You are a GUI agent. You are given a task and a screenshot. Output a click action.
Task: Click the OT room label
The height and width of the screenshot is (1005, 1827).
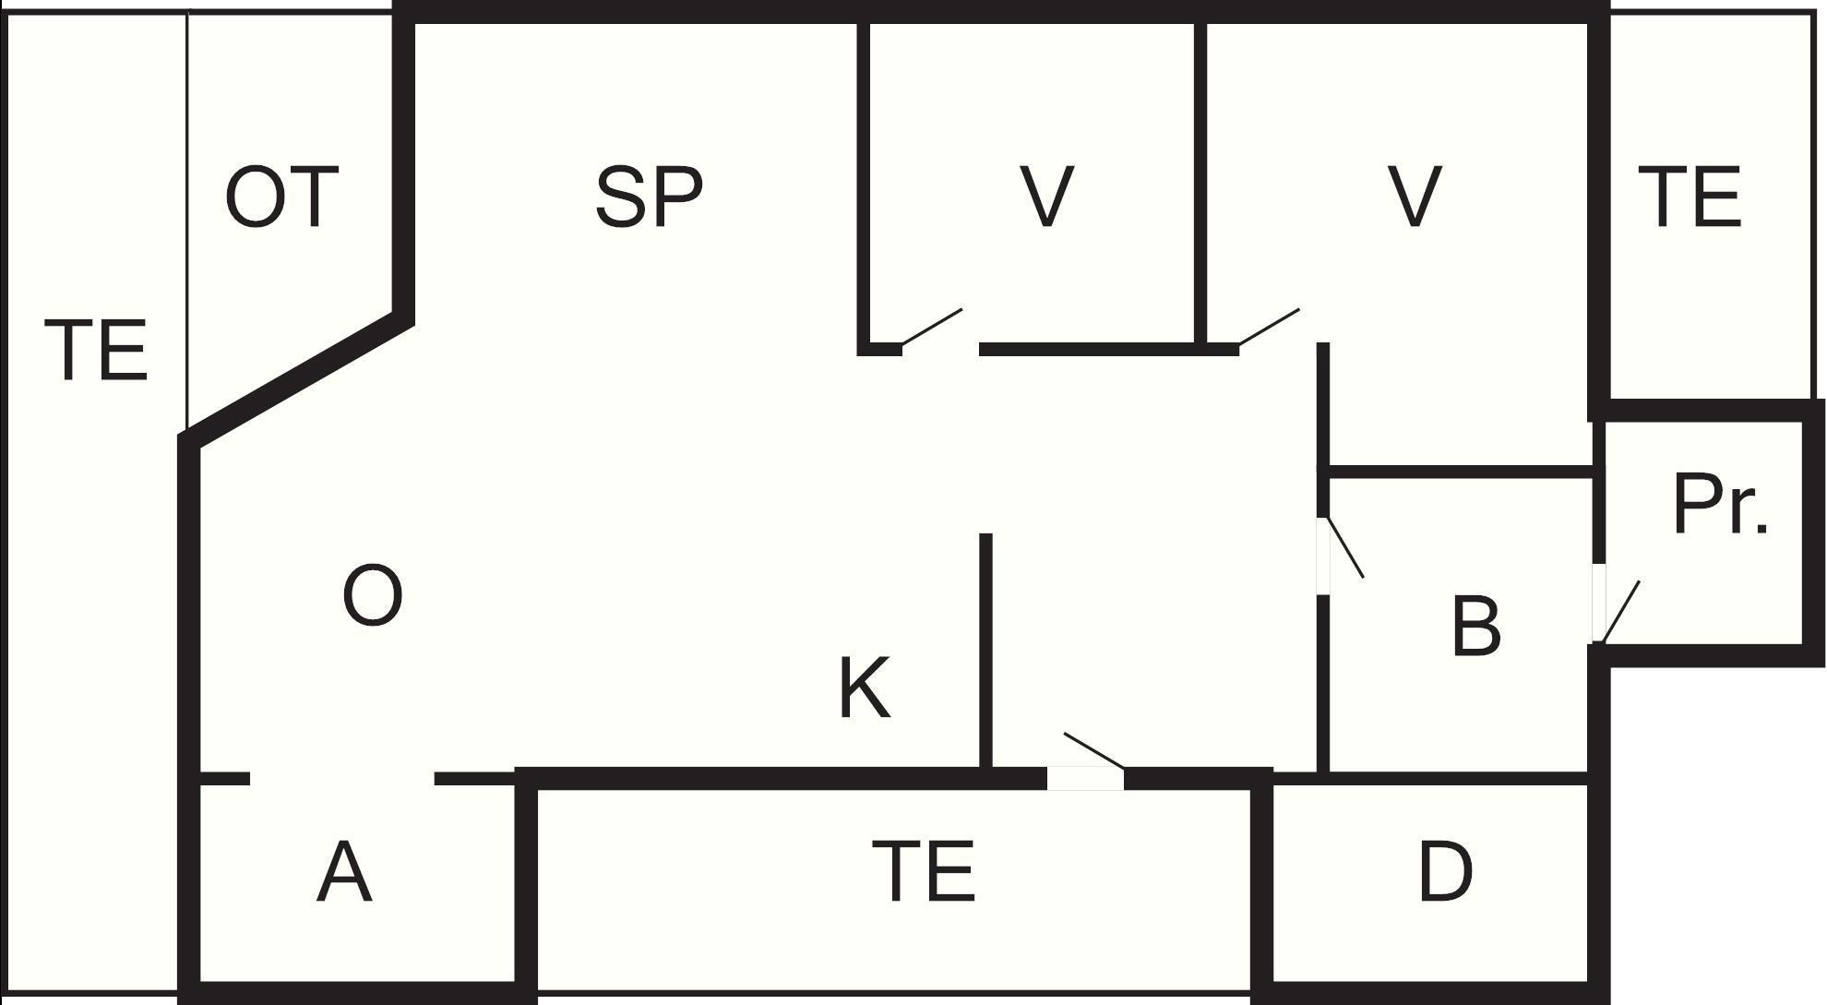[x=282, y=197]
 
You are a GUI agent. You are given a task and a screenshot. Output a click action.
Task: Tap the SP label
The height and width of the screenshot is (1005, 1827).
[x=649, y=197]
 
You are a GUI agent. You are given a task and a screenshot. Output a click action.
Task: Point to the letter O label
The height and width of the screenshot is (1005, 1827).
[x=373, y=596]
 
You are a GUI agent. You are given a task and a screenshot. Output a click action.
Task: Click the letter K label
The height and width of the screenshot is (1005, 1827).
[x=865, y=688]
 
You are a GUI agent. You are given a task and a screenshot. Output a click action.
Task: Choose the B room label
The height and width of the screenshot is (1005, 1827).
[x=1476, y=626]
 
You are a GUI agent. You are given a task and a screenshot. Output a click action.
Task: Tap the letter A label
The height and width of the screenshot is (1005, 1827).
[x=344, y=872]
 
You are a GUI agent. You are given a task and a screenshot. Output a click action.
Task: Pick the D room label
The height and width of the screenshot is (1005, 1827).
[x=1445, y=871]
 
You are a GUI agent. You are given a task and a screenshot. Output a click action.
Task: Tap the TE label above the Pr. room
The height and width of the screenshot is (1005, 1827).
[x=1690, y=197]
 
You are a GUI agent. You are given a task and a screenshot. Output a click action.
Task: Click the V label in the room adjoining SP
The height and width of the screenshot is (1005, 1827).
[x=1046, y=197]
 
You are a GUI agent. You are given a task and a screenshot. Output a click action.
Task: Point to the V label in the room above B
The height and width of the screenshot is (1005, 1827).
[x=1415, y=197]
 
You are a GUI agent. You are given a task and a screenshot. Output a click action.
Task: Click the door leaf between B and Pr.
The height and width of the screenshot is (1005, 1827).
[x=1621, y=611]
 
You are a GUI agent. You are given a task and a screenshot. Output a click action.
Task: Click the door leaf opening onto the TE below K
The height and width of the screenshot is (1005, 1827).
[x=1094, y=750]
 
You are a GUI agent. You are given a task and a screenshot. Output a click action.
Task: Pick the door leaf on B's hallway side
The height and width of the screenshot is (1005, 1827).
[x=1345, y=547]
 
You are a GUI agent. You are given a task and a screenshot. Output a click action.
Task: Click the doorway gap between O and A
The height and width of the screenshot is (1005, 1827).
[x=342, y=779]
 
